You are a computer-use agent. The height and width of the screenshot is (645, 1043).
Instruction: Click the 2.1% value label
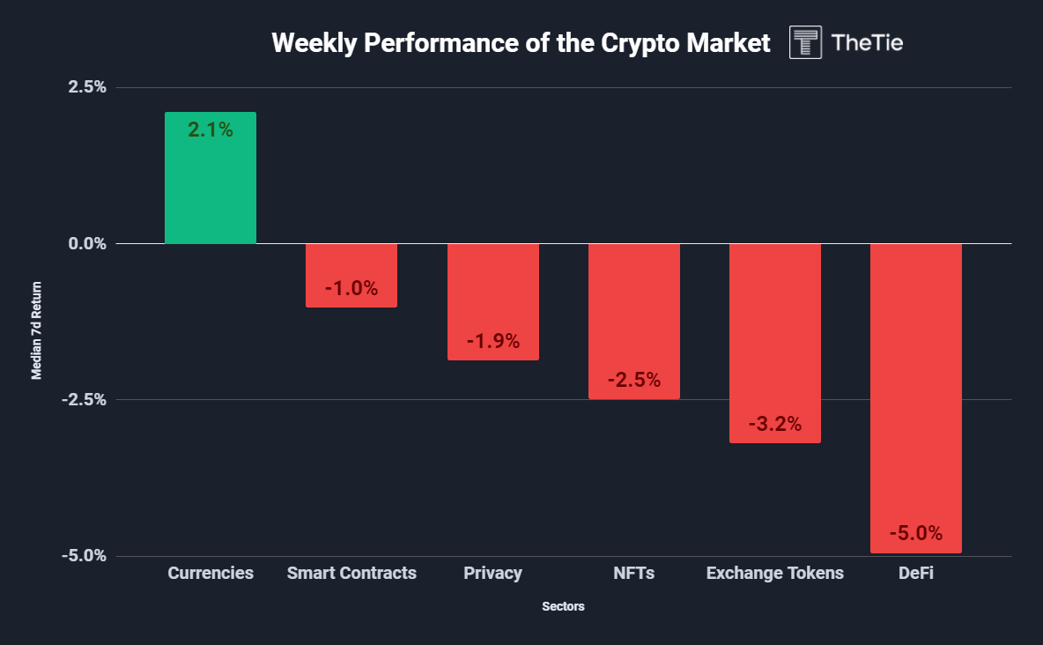click(211, 130)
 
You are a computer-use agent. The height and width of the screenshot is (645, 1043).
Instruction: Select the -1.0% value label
click(351, 288)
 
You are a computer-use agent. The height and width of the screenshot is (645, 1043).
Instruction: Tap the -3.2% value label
click(774, 424)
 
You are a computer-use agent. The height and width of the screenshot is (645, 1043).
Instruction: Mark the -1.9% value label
click(492, 341)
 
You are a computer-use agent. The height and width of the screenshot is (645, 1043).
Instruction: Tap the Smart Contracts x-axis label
click(351, 574)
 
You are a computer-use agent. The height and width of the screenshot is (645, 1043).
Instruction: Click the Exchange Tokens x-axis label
click(774, 574)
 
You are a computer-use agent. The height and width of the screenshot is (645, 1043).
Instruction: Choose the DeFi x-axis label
click(915, 574)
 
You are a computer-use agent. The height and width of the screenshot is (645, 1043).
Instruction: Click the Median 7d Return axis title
click(37, 330)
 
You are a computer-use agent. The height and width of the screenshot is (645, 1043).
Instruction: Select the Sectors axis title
click(563, 607)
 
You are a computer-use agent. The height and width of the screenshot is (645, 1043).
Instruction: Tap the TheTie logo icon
click(806, 42)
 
